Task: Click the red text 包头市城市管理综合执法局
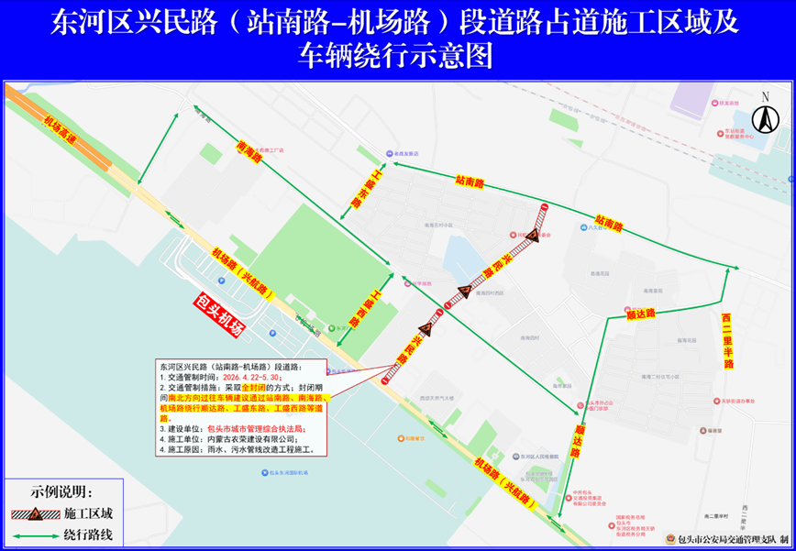coord(263,428)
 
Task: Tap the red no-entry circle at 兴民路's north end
coord(546,208)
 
